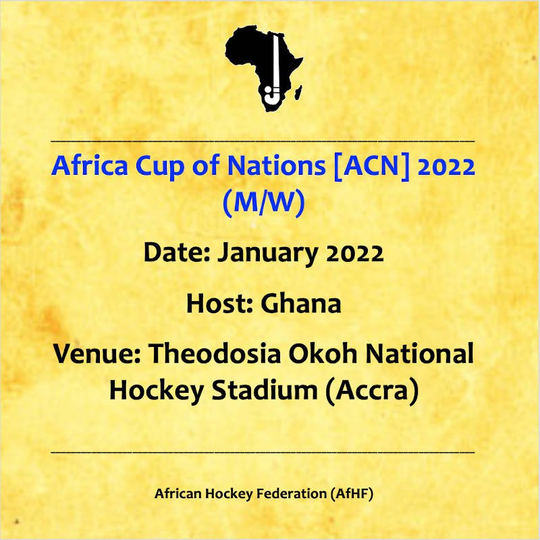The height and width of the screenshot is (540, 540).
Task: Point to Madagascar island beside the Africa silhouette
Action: tap(298, 92)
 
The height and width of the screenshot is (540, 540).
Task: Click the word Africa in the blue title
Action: tap(90, 165)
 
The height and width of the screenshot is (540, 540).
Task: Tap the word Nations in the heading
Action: tap(276, 165)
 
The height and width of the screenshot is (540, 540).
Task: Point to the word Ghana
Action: tap(301, 303)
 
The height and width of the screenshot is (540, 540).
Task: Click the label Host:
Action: tap(220, 303)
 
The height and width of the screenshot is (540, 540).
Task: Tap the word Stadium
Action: tap(265, 390)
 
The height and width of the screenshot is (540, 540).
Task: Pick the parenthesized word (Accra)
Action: tap(373, 391)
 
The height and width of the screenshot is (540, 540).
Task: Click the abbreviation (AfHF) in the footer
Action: tap(352, 493)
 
